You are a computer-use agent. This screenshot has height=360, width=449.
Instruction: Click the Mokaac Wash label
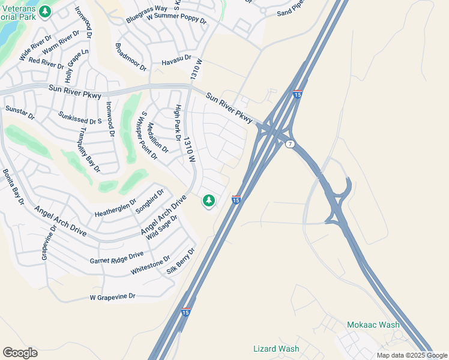[373, 325]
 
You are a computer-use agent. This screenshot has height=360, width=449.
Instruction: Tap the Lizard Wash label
[276, 349]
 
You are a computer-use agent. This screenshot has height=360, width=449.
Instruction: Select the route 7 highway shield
[290, 145]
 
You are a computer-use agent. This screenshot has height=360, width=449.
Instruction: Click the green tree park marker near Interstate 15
[208, 200]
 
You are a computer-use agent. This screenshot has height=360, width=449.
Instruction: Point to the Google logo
[20, 353]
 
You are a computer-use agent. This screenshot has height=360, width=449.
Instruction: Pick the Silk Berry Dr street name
[181, 262]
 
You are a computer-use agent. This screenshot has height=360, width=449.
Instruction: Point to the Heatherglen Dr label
[116, 208]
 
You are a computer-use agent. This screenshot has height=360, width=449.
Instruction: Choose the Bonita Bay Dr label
[13, 187]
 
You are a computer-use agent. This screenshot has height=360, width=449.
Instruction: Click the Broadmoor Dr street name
[130, 57]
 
